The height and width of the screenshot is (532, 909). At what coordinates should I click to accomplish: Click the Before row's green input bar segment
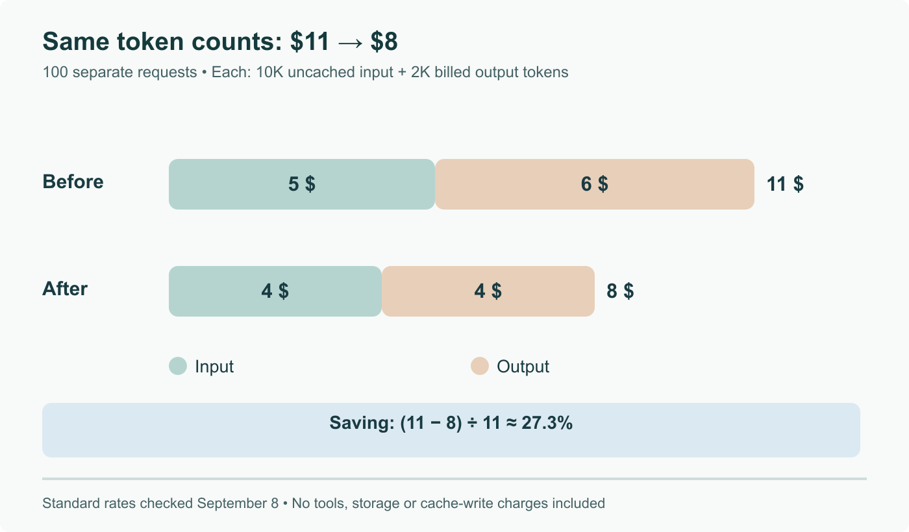pyautogui.click(x=302, y=184)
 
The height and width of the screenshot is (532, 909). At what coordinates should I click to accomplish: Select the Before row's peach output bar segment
pyautogui.click(x=595, y=184)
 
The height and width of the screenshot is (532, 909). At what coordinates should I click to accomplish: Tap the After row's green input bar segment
pyautogui.click(x=275, y=291)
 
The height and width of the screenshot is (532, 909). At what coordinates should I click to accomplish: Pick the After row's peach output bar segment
pyautogui.click(x=488, y=291)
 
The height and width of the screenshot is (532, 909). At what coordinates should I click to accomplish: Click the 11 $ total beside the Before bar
pyautogui.click(x=785, y=184)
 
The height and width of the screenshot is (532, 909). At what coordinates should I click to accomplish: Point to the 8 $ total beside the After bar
pyautogui.click(x=620, y=291)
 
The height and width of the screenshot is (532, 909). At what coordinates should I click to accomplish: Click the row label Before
pyautogui.click(x=73, y=182)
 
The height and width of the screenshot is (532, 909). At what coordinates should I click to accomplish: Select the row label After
pyautogui.click(x=65, y=289)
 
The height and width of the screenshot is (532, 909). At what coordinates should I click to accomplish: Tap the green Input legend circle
pyautogui.click(x=178, y=366)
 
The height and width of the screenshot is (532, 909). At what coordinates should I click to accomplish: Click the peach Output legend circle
pyautogui.click(x=480, y=366)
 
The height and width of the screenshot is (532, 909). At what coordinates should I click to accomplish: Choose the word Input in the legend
pyautogui.click(x=214, y=367)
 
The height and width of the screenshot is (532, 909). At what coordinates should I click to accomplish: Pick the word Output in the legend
pyautogui.click(x=523, y=367)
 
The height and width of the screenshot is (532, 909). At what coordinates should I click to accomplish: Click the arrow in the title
pyautogui.click(x=350, y=42)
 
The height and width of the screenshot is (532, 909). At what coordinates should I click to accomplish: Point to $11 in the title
pyautogui.click(x=310, y=42)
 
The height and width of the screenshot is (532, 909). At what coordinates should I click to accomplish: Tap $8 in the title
pyautogui.click(x=384, y=42)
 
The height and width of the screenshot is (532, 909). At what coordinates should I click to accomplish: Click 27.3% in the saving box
pyautogui.click(x=547, y=423)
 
